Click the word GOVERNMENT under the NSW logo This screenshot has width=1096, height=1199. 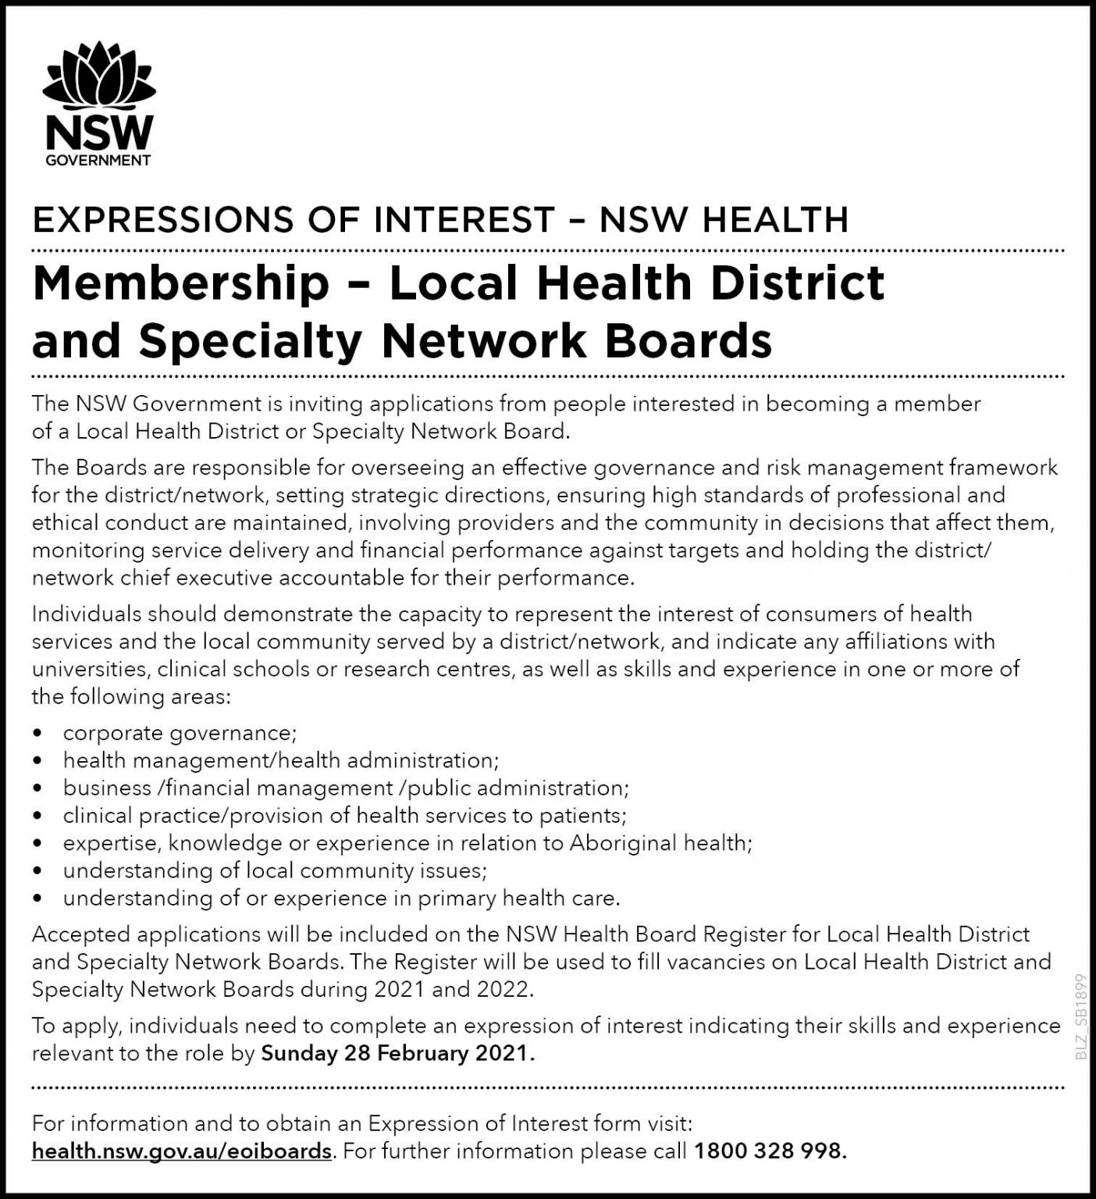coord(98,160)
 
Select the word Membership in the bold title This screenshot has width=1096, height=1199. coord(181,283)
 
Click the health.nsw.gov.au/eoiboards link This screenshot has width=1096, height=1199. coord(182,1151)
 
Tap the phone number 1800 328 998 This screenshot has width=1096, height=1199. coord(769,1151)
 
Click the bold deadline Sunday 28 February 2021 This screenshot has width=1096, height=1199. coord(397,1054)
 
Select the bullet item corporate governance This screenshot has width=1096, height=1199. coord(180,733)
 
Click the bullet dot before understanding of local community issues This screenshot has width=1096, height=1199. coord(37,871)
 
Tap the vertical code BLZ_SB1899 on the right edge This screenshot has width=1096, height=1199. coord(1081,1016)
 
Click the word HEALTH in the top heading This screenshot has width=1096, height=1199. coord(774,220)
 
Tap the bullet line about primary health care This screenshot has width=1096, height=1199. coord(341,898)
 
